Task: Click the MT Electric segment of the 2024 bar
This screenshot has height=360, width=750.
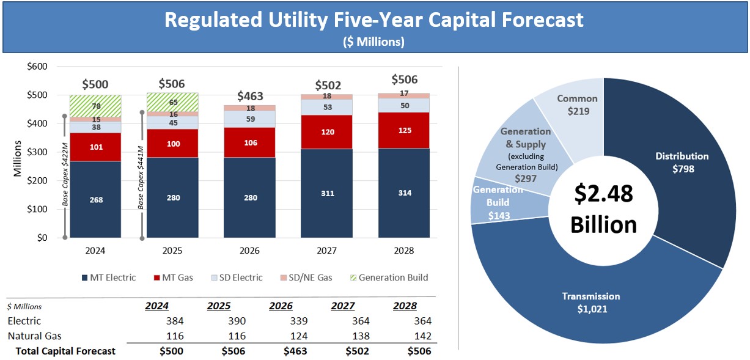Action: (95, 199)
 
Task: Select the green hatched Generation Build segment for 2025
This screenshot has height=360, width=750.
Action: (172, 102)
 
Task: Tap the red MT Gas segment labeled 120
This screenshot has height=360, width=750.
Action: (327, 131)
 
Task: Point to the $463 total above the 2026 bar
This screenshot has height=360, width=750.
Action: (249, 96)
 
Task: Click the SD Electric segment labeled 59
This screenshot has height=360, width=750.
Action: (249, 119)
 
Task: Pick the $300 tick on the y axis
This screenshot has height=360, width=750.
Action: (38, 152)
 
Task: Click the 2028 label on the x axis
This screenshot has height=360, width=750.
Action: (404, 251)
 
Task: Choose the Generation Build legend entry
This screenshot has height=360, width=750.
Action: (386, 277)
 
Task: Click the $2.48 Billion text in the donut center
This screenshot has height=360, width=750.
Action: (603, 208)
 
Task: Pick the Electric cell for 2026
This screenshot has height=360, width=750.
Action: (295, 321)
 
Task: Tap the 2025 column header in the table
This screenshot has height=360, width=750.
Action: (218, 306)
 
